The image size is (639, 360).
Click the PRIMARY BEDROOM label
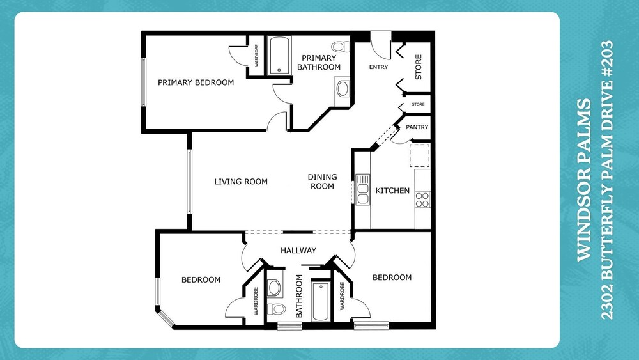click(196, 82)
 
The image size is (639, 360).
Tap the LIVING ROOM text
click(241, 182)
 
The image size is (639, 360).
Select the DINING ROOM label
click(322, 182)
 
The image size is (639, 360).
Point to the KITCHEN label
click(392, 191)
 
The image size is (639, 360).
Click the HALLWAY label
click(298, 250)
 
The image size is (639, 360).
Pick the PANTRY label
click(417, 127)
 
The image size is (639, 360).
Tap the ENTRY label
click(378, 67)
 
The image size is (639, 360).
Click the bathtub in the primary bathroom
click(279, 56)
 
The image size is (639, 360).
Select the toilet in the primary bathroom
click(341, 47)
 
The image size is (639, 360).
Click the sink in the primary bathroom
click(343, 89)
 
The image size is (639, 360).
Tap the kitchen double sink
click(362, 189)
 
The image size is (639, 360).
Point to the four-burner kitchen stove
click(422, 200)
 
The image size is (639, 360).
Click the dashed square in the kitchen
click(419, 155)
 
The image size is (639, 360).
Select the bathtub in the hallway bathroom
click(321, 301)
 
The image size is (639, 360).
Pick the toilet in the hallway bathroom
click(277, 309)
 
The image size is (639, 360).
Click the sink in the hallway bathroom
click(274, 288)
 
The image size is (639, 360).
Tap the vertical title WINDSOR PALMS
click(585, 180)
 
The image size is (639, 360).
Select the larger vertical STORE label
click(419, 67)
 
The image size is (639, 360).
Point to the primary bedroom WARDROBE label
click(257, 56)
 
